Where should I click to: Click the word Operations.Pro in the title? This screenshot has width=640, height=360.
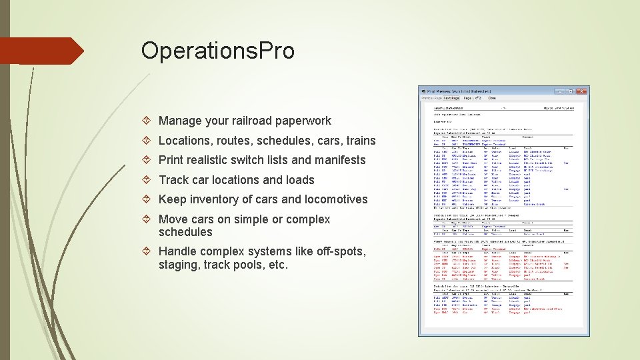[217, 51]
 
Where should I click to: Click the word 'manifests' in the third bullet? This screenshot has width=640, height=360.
[339, 160]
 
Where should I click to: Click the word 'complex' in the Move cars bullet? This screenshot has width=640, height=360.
[308, 219]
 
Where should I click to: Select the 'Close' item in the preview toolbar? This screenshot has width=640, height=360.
[492, 98]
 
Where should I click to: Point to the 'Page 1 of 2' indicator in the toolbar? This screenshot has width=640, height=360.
[473, 98]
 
